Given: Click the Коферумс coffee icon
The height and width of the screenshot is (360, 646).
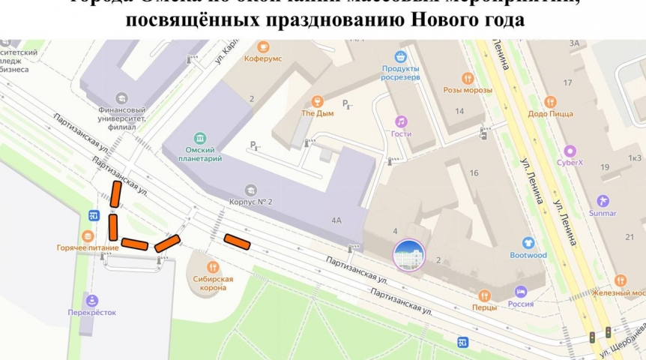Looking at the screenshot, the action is click(263, 47).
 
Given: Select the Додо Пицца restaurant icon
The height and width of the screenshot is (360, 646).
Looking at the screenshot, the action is click(551, 102).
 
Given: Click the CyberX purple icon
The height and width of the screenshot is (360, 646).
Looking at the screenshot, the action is click(570, 151).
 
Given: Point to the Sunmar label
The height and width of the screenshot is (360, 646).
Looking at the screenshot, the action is click(603, 213).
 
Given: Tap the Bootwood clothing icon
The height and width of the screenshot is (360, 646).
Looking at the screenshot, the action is click(529, 243).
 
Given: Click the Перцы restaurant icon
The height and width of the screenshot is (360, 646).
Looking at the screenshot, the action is click(484, 295).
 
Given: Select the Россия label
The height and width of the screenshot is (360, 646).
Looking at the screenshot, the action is click(521, 304).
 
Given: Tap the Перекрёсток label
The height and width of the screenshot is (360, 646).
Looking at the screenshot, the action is click(93, 313).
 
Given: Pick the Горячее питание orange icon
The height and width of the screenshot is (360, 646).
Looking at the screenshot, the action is click(88, 236).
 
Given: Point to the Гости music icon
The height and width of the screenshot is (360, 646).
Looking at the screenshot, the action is click(401, 121).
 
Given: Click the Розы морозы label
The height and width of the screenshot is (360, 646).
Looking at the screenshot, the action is click(468, 90).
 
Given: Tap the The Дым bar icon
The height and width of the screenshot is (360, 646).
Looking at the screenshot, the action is click(317, 101).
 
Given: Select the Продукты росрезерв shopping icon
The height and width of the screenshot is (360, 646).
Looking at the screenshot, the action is click(401, 56).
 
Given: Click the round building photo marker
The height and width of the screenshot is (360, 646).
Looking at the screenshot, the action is click(409, 255).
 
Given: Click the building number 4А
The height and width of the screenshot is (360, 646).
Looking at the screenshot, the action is click(336, 220).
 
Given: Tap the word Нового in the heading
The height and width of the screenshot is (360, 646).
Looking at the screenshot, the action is click(445, 20).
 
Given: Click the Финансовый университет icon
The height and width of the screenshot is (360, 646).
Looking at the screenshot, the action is click(121, 98).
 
